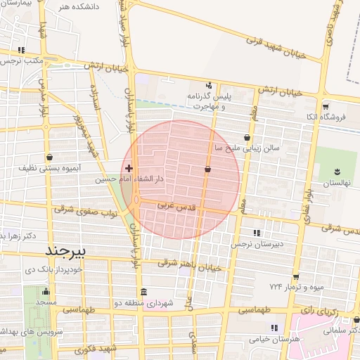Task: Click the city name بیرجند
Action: coord(65,250)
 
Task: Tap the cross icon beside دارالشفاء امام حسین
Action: coord(129,169)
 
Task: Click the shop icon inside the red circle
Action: coord(207,169)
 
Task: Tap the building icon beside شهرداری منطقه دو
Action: coord(143,292)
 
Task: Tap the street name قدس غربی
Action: coord(174,205)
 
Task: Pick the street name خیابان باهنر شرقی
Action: coord(189,264)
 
